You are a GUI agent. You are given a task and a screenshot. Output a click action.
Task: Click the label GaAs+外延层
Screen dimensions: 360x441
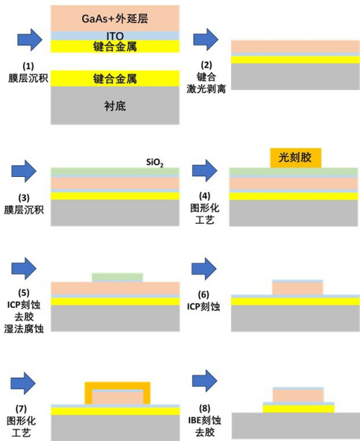tap(114, 19)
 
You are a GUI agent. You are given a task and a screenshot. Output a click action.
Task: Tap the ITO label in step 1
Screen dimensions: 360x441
tap(114, 36)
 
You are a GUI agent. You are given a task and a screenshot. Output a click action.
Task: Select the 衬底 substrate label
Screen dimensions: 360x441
tap(114, 106)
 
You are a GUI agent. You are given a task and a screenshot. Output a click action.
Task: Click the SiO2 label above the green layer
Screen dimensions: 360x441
tap(155, 163)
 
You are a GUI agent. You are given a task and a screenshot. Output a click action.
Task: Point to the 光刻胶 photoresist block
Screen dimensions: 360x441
tap(295, 158)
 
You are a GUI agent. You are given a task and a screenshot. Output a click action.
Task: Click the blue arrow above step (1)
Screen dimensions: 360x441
tap(30, 40)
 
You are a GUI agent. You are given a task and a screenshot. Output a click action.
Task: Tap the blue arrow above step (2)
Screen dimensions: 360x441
tap(206, 40)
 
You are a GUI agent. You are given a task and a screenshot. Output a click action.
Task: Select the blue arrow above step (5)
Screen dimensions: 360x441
tap(24, 268)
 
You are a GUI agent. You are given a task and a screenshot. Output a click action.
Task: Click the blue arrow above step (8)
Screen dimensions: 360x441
tap(204, 381)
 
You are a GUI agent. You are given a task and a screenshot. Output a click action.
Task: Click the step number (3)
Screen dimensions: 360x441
tap(24, 198)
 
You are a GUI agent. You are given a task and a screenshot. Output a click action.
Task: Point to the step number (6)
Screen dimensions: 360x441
tap(204, 294)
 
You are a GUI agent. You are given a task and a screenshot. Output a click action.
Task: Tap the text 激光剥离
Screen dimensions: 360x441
tap(206, 89)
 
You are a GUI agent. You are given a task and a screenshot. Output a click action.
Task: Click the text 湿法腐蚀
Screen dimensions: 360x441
tap(24, 329)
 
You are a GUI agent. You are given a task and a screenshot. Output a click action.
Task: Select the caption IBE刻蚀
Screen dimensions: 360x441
tap(204, 420)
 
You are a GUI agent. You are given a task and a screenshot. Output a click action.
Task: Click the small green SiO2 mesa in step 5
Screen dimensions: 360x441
tap(117, 277)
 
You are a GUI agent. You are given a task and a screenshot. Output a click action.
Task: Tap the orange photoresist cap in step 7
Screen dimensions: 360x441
tap(117, 386)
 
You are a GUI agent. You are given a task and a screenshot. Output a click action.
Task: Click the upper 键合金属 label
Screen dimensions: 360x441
tap(114, 47)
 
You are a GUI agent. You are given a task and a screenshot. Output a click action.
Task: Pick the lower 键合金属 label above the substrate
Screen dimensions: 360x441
tap(114, 78)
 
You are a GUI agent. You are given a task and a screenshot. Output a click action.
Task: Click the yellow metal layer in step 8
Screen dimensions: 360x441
tap(299, 409)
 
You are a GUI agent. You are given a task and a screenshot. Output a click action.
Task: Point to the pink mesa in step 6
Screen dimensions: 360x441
tap(297, 288)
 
